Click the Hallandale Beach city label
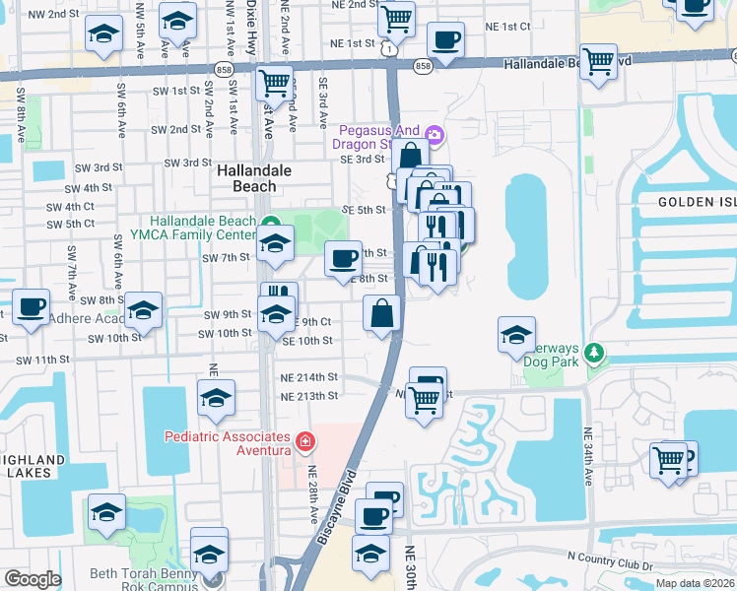254,177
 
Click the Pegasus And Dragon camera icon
435,132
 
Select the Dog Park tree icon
593,352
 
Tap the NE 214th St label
309,377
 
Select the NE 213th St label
309,396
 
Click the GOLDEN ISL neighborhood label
697,201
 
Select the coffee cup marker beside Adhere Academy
30,306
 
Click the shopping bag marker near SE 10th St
382,315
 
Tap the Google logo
32,579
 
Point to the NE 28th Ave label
313,494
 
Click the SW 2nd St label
171,129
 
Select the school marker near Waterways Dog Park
516,336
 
